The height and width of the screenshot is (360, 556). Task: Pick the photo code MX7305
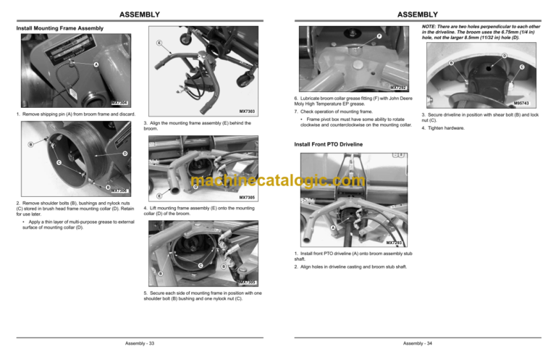(x=248, y=197)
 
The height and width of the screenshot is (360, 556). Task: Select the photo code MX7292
(x=402, y=88)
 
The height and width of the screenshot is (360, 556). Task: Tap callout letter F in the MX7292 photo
(x=378, y=36)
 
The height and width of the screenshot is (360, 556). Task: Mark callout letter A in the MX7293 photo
(x=332, y=229)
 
